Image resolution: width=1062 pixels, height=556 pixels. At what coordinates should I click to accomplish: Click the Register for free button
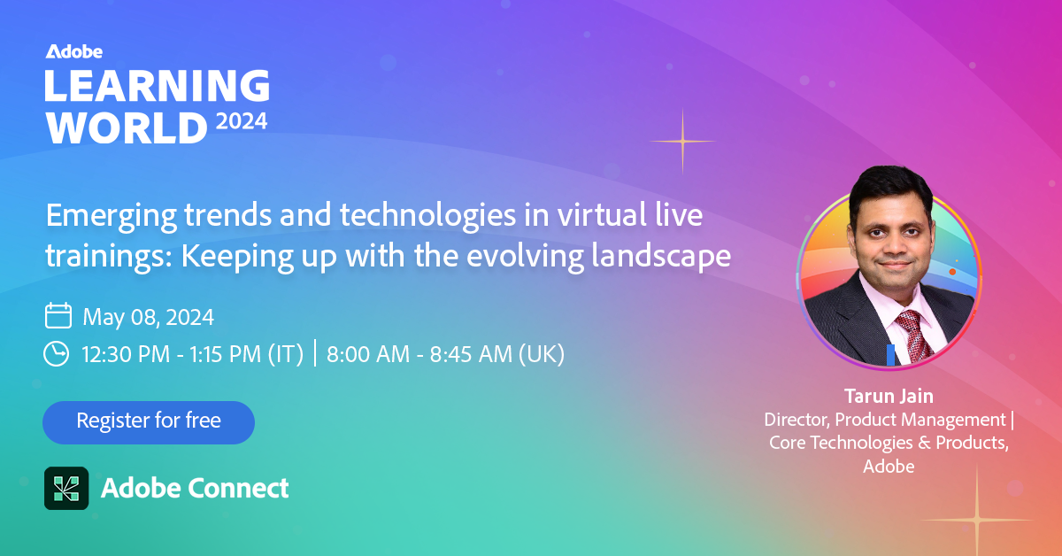pyautogui.click(x=149, y=422)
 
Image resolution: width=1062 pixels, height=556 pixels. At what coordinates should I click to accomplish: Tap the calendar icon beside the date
pyautogui.click(x=58, y=315)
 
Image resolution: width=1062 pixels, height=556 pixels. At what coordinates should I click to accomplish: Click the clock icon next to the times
pyautogui.click(x=57, y=353)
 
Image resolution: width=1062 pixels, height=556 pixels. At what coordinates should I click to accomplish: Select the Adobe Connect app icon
pyautogui.click(x=66, y=488)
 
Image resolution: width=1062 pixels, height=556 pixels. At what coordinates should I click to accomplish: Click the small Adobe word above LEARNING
pyautogui.click(x=74, y=51)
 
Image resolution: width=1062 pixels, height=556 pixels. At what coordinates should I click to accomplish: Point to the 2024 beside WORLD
pyautogui.click(x=242, y=122)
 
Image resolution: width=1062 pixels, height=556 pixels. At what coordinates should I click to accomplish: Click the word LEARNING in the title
pyautogui.click(x=158, y=85)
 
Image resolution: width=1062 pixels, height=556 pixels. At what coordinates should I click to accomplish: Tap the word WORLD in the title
pyautogui.click(x=127, y=127)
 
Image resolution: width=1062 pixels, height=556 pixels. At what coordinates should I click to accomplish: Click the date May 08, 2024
pyautogui.click(x=149, y=317)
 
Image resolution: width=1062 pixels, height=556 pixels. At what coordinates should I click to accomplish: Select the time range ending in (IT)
pyautogui.click(x=193, y=354)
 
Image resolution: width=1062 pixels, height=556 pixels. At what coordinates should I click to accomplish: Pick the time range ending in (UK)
pyautogui.click(x=446, y=354)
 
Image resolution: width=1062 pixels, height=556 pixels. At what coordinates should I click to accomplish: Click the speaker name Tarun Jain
pyautogui.click(x=889, y=396)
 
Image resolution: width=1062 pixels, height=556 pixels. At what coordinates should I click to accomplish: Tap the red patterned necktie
pyautogui.click(x=913, y=335)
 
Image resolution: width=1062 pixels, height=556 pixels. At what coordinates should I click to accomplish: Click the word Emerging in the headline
pyautogui.click(x=112, y=217)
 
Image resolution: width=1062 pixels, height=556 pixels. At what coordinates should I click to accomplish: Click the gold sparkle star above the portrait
pyautogui.click(x=682, y=141)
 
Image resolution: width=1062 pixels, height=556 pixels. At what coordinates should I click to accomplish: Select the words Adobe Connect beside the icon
pyautogui.click(x=195, y=488)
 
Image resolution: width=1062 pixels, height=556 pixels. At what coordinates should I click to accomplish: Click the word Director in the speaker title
pyautogui.click(x=797, y=420)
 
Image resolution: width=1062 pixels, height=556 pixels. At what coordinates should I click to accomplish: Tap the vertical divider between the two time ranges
pyautogui.click(x=315, y=352)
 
